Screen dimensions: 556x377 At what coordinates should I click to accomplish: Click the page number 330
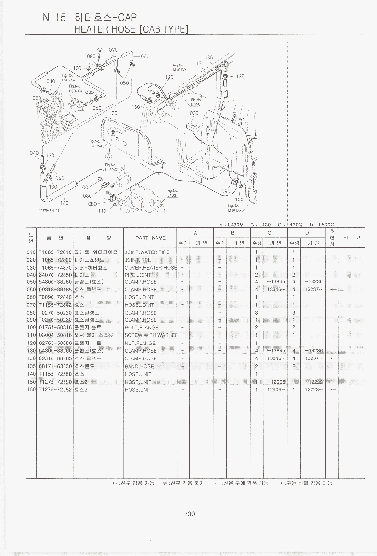tap(189, 514)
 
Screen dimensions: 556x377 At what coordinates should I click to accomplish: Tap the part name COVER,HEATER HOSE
tap(151, 267)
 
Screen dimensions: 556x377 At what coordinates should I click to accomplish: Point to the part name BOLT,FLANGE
tap(141, 327)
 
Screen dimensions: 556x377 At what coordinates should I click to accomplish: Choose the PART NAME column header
tap(150, 238)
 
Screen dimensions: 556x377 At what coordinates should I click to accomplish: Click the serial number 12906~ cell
tap(276, 389)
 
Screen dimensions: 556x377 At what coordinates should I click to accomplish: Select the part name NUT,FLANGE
tap(140, 343)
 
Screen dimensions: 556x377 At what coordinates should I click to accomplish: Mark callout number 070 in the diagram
tap(113, 50)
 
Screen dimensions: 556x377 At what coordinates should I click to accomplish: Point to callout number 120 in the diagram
tap(113, 113)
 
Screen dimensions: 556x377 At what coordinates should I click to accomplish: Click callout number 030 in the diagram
tap(194, 113)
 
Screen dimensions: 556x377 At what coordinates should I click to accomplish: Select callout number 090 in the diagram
tap(225, 192)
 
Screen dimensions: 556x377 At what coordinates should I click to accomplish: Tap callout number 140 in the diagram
tap(64, 203)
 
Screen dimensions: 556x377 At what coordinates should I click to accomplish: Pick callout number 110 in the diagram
tap(102, 211)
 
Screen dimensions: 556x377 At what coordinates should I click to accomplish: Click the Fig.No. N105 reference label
tap(195, 102)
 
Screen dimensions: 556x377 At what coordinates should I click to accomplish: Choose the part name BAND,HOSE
tap(139, 366)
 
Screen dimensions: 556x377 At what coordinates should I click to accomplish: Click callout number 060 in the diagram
tap(145, 56)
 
